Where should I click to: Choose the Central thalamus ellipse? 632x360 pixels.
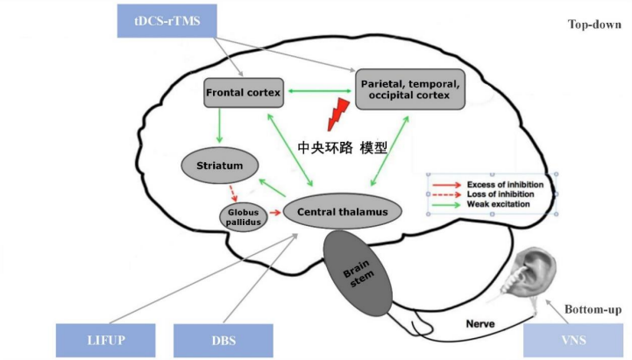343,211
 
